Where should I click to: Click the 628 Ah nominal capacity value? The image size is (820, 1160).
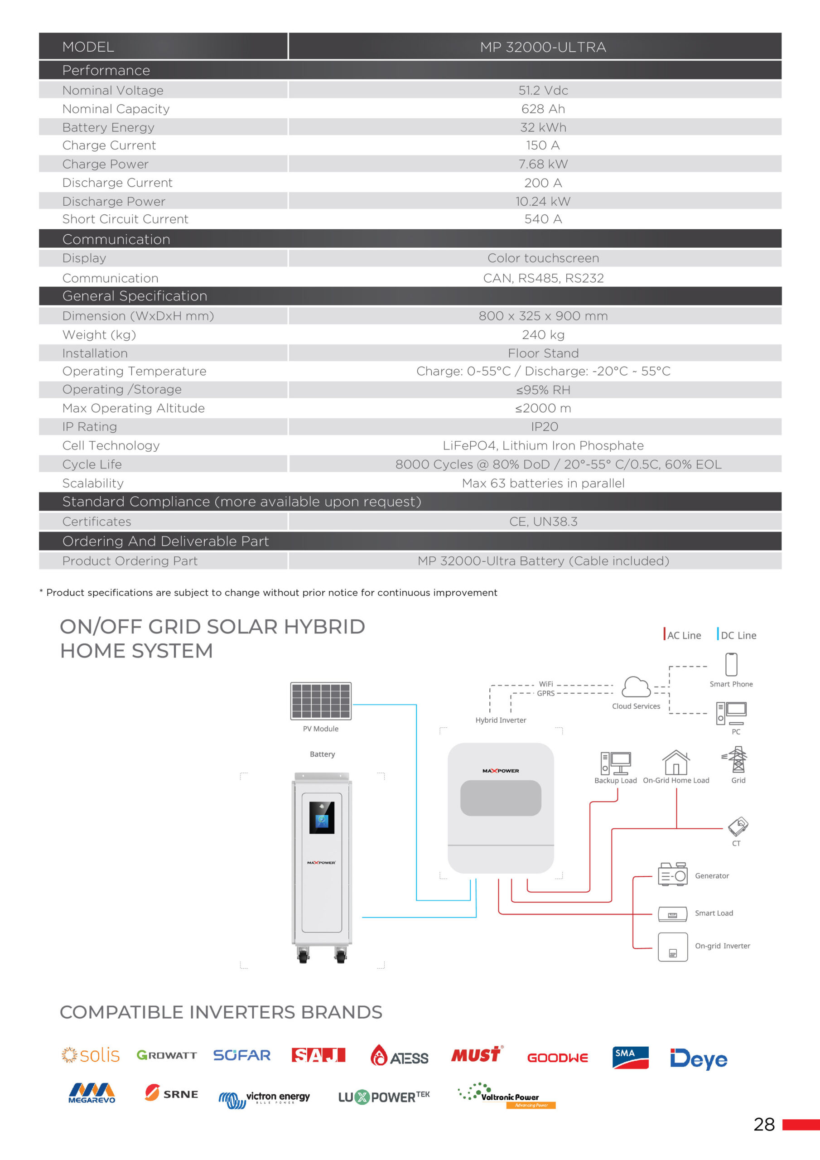coord(543,109)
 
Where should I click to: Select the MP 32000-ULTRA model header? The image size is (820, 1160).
coord(543,47)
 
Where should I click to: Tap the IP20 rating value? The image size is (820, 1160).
coord(544,427)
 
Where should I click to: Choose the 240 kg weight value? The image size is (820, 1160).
coord(543,334)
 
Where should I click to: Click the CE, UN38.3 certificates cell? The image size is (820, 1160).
coord(543,522)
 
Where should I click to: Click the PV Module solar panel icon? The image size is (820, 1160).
coord(321,701)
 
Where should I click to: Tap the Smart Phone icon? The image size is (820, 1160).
coord(731,664)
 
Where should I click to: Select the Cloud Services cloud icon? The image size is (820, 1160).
coord(636,687)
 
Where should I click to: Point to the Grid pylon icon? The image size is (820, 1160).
coord(738,760)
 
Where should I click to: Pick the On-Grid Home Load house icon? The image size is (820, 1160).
coord(676,763)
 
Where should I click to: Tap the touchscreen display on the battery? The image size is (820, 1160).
coord(322,817)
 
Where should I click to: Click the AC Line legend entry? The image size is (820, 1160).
coord(683,635)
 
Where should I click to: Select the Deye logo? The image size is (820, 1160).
coord(698,1058)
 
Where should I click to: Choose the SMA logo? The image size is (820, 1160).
coord(630,1058)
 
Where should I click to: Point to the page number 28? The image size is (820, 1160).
coord(763,1125)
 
